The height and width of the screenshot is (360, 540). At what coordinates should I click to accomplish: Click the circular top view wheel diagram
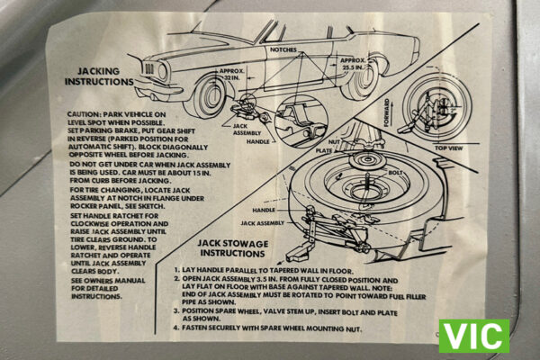(435, 103)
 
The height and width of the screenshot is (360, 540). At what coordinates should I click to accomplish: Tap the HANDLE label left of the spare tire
(264, 209)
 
